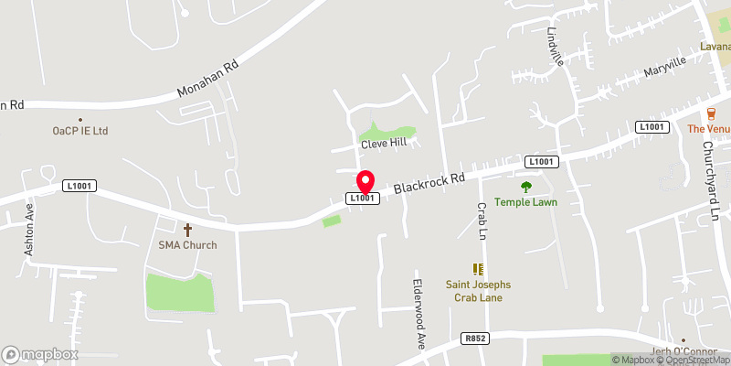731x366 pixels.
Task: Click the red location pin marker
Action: [x=365, y=180]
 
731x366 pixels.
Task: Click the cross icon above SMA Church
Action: [x=188, y=230]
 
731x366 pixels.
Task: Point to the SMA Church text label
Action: [x=187, y=245]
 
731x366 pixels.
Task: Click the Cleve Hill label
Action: [x=382, y=145]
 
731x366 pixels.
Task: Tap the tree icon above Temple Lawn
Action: [x=525, y=187]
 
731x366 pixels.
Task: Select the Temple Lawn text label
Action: [x=525, y=202]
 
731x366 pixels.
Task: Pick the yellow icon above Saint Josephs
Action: [x=476, y=268]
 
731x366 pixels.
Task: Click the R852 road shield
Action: [x=474, y=339]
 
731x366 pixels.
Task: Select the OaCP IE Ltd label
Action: [x=80, y=131]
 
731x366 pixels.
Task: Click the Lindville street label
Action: [x=556, y=46]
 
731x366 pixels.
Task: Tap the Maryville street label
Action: [x=664, y=67]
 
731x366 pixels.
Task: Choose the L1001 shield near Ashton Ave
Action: [x=79, y=186]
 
